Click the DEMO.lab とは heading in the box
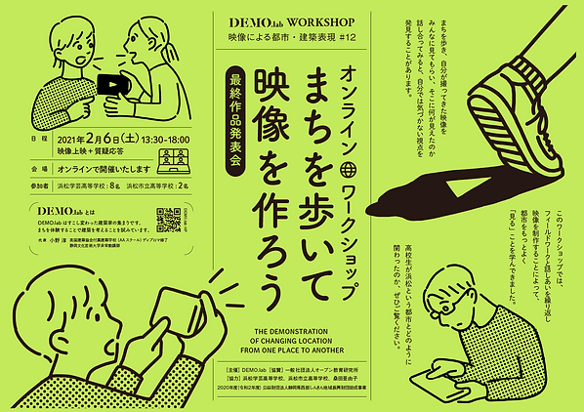click(63, 210)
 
